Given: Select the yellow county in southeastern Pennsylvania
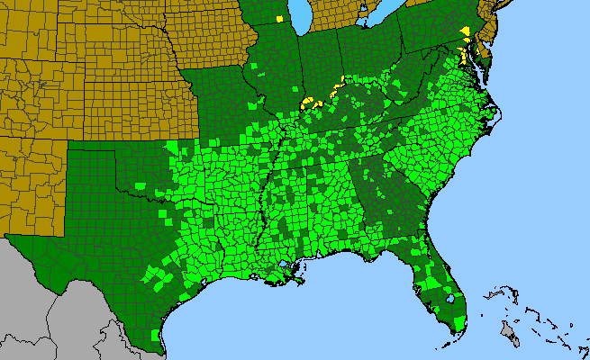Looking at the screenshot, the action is click(465, 31).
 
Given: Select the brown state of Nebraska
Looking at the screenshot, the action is click(117, 58).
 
